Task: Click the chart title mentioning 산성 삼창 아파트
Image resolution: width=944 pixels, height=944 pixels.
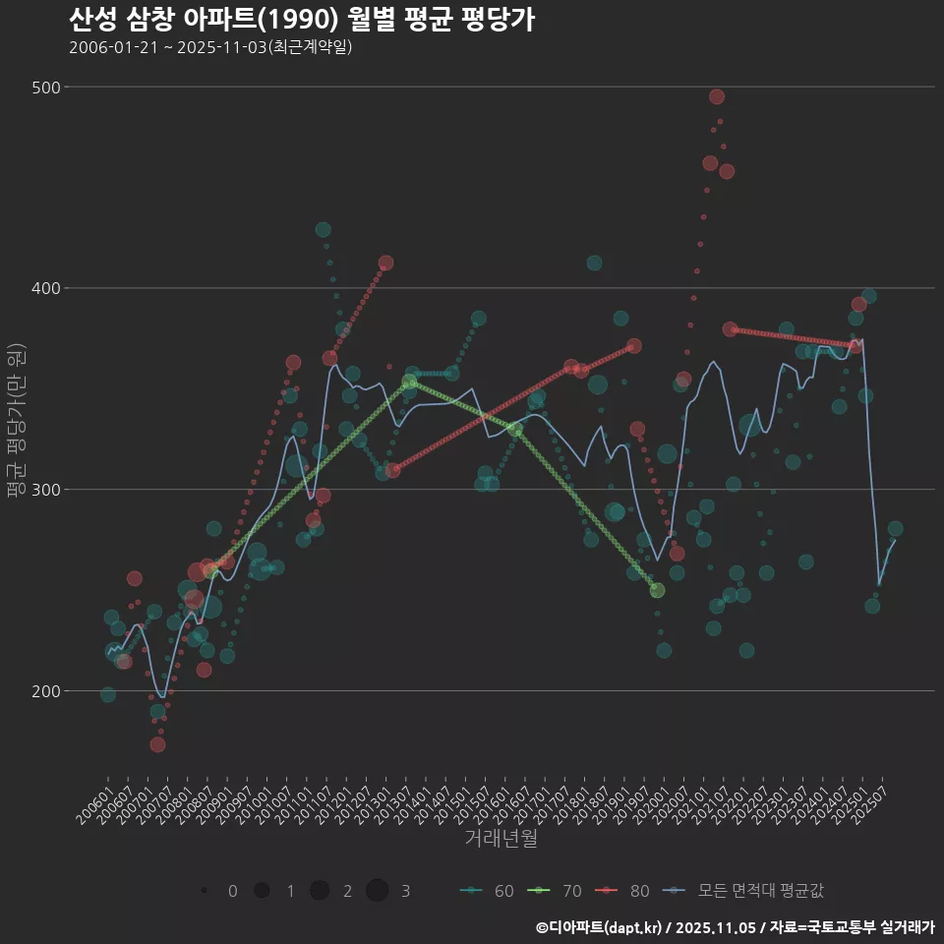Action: tap(302, 20)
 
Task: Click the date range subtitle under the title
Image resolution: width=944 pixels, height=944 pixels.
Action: tap(210, 47)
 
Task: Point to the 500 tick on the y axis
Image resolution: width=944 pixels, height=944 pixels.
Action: tap(43, 88)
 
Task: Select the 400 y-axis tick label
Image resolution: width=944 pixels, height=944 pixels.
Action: tap(43, 288)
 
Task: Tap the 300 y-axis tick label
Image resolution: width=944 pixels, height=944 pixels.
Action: tap(43, 490)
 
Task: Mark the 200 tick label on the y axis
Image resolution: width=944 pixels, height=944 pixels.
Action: tap(43, 691)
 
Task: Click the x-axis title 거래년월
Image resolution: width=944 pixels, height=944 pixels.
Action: tap(501, 839)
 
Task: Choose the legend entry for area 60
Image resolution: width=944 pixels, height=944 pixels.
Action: tap(488, 891)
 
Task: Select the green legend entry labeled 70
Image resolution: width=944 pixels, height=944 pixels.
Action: tap(556, 891)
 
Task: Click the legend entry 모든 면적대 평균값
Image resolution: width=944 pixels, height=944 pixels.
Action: tap(745, 891)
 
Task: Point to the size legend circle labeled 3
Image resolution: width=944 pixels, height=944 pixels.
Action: tap(378, 891)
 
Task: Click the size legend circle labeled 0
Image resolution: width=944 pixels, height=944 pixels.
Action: tap(204, 891)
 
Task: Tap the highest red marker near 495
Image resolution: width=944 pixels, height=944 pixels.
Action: tap(717, 96)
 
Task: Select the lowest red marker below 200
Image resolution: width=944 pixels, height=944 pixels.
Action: tap(157, 744)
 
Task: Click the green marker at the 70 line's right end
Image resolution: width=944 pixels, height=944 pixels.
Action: tap(657, 590)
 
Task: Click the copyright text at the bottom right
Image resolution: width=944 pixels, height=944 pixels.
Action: tap(735, 927)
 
